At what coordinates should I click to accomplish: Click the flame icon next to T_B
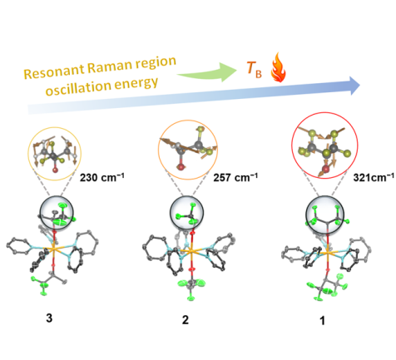click(278, 67)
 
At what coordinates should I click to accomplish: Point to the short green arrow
click(207, 72)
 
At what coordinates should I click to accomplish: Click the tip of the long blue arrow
click(360, 86)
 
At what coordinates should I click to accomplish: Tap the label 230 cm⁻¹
click(102, 177)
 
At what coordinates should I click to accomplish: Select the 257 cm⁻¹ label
click(235, 177)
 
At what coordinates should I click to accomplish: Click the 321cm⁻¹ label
click(374, 177)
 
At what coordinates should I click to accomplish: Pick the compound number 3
click(49, 318)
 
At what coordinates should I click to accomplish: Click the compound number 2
click(186, 320)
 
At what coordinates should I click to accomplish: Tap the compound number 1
click(322, 321)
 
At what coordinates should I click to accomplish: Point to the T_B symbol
click(254, 69)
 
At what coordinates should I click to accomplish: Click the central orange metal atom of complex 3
click(53, 249)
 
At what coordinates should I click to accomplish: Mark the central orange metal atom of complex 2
click(191, 251)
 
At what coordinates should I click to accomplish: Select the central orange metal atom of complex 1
click(328, 253)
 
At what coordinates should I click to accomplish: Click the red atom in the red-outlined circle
click(325, 169)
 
